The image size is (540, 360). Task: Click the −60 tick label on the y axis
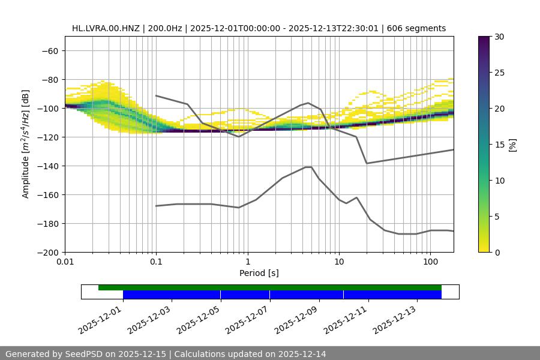pyautogui.click(x=49, y=50)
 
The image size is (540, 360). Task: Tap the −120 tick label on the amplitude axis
pyautogui.click(x=46, y=137)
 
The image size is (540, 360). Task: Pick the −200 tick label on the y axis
pyautogui.click(x=46, y=252)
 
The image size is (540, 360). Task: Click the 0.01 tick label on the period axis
pyautogui.click(x=65, y=262)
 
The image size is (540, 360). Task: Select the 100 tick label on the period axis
pyautogui.click(x=430, y=262)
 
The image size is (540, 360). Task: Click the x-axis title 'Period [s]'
pyautogui.click(x=259, y=273)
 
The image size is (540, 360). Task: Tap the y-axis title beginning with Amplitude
pyautogui.click(x=25, y=144)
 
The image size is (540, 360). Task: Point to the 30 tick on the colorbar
pyautogui.click(x=499, y=37)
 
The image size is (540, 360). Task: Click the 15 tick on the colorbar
pyautogui.click(x=499, y=145)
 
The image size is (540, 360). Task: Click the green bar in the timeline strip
pyautogui.click(x=270, y=287)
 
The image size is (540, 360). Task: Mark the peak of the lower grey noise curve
pyautogui.click(x=308, y=167)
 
